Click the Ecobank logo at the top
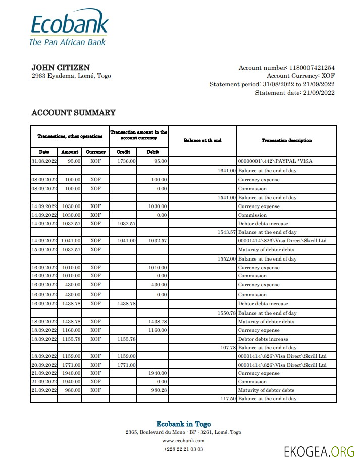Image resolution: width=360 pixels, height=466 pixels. [69, 29]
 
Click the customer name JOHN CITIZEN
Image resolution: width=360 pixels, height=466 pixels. [61, 68]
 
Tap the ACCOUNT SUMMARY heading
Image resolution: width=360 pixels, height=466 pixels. [73, 113]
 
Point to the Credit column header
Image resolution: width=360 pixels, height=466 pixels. [124, 152]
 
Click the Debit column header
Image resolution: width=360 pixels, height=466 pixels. [152, 152]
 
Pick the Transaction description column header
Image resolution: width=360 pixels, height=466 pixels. [286, 140]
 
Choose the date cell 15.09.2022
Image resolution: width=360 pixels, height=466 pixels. [44, 250]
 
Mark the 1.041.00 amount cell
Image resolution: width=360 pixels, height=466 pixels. [71, 241]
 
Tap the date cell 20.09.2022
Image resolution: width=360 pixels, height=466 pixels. [44, 365]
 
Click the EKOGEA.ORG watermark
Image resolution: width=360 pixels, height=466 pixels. [319, 451]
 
